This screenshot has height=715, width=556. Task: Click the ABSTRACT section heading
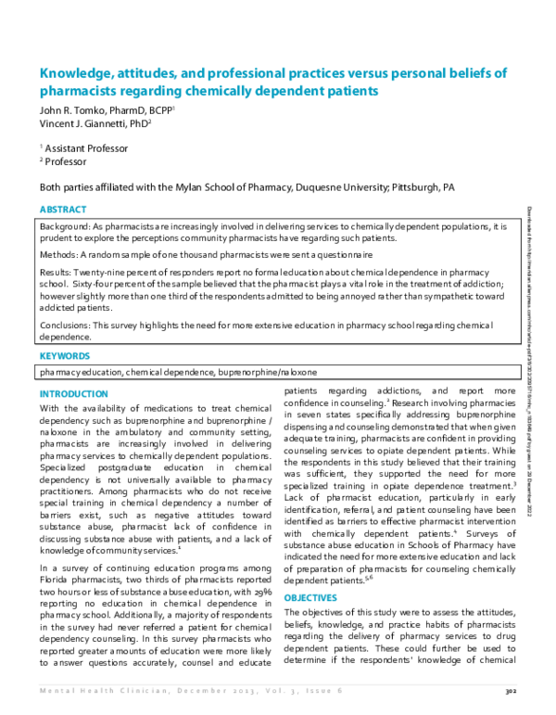click(x=63, y=210)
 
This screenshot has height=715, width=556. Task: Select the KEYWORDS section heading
click(x=65, y=355)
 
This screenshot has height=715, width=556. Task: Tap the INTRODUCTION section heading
click(x=73, y=394)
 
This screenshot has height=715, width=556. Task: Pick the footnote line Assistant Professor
click(x=86, y=147)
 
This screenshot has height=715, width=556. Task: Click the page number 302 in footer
click(x=509, y=690)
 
